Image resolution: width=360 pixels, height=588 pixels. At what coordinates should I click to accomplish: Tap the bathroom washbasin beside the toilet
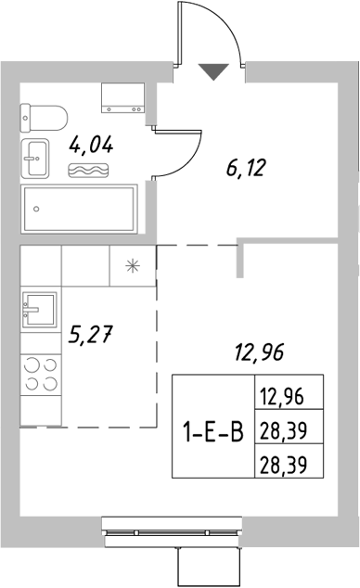click(x=38, y=159)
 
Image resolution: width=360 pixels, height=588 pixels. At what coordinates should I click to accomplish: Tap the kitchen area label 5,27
click(x=90, y=335)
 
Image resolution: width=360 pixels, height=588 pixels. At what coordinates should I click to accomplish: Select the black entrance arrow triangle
click(x=213, y=70)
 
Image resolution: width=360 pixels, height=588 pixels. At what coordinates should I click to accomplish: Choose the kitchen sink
click(x=40, y=310)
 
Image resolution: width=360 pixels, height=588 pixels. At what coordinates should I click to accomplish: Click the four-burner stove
click(x=40, y=373)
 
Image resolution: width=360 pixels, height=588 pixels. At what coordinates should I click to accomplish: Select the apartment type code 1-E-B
click(x=213, y=428)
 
